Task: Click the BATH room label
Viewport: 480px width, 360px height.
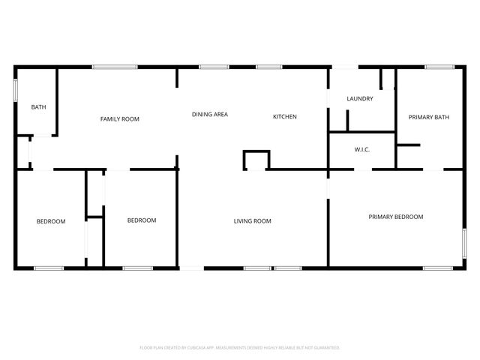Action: (x=38, y=107)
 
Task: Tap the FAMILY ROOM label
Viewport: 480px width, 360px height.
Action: (x=120, y=119)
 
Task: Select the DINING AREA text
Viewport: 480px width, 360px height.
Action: (x=209, y=115)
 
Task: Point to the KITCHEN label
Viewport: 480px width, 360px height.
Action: (x=284, y=116)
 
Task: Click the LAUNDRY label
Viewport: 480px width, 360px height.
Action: (x=359, y=99)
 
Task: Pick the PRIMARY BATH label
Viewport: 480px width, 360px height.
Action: (x=428, y=117)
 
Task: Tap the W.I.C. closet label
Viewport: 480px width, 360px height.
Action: (x=361, y=149)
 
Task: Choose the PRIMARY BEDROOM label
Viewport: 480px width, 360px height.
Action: (x=395, y=217)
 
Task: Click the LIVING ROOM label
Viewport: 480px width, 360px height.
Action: (x=252, y=220)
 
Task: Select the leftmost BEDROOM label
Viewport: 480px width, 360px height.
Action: (x=51, y=221)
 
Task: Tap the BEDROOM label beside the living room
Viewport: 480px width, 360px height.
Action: (x=141, y=220)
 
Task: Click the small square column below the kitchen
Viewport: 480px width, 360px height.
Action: (x=256, y=160)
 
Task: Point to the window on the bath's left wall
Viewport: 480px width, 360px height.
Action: (x=16, y=88)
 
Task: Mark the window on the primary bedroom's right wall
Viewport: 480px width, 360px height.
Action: (x=464, y=248)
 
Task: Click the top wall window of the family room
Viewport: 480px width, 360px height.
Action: (x=114, y=67)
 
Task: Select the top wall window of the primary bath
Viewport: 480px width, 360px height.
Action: (x=438, y=67)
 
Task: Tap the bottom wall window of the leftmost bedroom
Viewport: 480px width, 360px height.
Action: (x=49, y=268)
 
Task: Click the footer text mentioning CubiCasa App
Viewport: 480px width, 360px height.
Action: (x=240, y=347)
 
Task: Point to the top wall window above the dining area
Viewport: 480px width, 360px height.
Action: (x=214, y=67)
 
